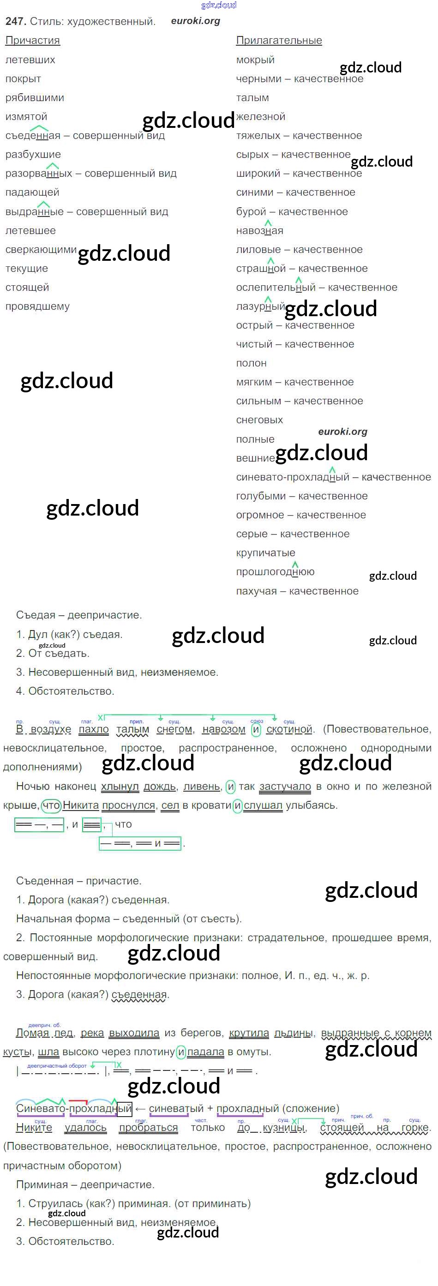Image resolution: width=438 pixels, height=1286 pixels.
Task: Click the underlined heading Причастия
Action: [x=32, y=41]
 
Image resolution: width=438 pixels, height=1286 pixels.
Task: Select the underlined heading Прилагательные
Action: [x=279, y=41]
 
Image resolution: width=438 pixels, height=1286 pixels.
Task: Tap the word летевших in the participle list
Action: [x=30, y=60]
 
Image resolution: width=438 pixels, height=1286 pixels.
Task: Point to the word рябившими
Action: [x=35, y=98]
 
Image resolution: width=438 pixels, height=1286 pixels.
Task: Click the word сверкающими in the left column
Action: [x=41, y=249]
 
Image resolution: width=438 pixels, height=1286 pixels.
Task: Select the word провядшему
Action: [x=37, y=306]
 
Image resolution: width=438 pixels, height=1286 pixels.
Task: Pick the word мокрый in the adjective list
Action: [x=255, y=60]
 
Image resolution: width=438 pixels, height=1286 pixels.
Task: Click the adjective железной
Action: [x=261, y=117]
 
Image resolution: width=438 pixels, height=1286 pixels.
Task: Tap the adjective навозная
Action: [x=259, y=231]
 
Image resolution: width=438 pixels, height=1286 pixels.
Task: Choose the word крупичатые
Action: [x=265, y=553]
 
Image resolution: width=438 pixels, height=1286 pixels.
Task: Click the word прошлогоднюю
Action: [x=275, y=571]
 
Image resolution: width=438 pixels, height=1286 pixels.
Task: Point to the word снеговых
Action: [x=259, y=420]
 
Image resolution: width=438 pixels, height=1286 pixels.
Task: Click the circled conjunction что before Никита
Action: [x=50, y=805]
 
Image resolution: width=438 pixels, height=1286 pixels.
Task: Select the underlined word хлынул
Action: [x=120, y=786]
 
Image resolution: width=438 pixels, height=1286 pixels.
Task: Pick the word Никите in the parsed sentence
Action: [x=34, y=1128]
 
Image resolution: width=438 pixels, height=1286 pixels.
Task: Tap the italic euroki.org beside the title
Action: [x=195, y=21]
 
